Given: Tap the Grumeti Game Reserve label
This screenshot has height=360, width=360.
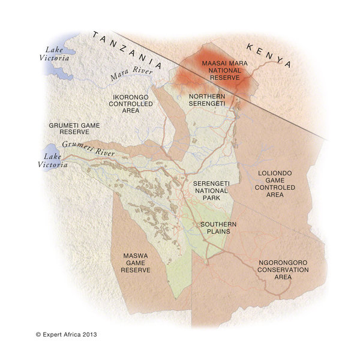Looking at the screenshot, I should coord(75,129).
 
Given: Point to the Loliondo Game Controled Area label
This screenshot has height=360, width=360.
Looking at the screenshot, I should coord(275,184).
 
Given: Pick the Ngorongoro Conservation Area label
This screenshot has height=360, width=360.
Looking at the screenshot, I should coord(284,266).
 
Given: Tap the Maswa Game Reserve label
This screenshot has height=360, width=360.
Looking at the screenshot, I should coord(136,262).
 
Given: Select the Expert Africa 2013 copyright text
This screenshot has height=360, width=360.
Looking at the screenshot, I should coord(66,334).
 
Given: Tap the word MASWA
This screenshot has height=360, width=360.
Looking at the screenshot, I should coord(136,255).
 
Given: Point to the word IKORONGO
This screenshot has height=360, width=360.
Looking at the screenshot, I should coord(132,96).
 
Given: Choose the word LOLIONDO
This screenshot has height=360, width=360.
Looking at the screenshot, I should coord(275,173).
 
